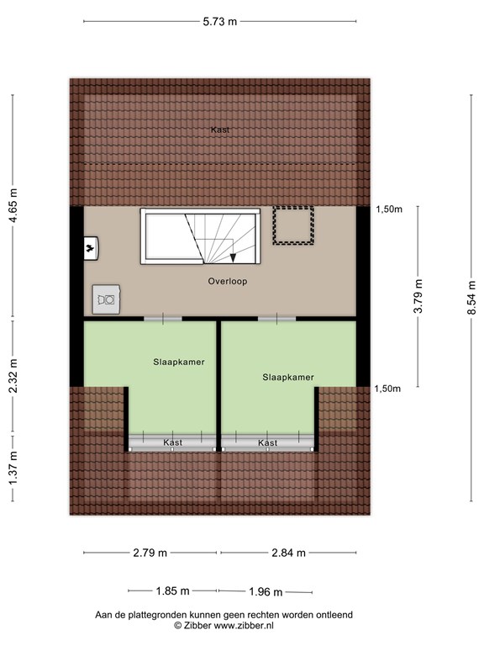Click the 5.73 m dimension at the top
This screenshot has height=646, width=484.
(220, 21)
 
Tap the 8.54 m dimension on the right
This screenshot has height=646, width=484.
(471, 298)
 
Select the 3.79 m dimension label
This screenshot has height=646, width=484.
(418, 296)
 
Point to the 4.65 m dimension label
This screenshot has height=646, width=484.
(13, 205)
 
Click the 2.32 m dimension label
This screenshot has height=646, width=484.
(13, 375)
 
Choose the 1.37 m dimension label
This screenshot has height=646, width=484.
(13, 469)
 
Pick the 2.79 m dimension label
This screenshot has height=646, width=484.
(150, 553)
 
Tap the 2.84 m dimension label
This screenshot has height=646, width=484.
(288, 553)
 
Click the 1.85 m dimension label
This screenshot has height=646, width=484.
(172, 591)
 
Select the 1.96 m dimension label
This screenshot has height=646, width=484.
(266, 592)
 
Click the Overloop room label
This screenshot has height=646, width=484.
(228, 282)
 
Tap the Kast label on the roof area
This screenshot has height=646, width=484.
(220, 130)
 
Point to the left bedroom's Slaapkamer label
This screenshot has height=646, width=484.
(179, 363)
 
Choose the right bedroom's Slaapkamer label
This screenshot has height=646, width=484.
(288, 378)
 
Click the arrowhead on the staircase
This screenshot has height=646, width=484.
(233, 258)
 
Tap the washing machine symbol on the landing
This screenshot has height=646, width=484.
(106, 299)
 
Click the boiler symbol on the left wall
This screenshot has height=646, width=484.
(91, 248)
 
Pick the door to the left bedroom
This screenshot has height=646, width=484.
(163, 319)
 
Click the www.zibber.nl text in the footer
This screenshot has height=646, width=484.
(244, 626)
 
